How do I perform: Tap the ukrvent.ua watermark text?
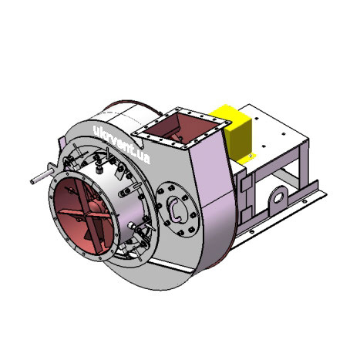(121, 144)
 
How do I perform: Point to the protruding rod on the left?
(42, 177)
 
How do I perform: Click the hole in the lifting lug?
(278, 198)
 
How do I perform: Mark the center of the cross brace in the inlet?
(84, 214)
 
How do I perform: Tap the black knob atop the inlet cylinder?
(99, 170)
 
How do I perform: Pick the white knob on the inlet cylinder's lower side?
(132, 225)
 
